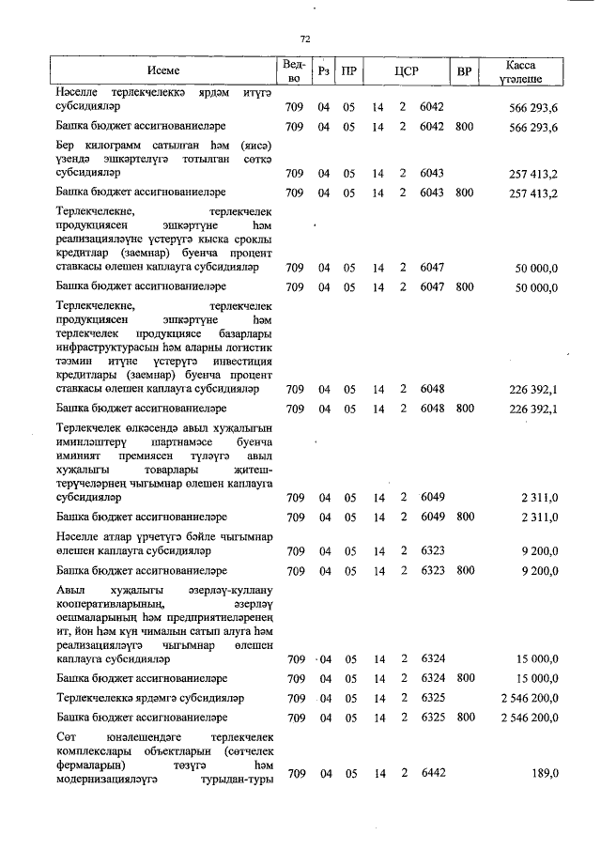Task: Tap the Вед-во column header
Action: (292, 71)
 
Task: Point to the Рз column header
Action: (323, 71)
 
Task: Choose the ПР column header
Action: (348, 71)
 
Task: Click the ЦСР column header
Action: (406, 71)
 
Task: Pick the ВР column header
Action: (463, 71)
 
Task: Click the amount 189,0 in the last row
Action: (545, 773)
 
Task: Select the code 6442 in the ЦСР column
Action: (432, 773)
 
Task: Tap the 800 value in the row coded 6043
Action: (464, 193)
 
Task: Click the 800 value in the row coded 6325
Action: (464, 719)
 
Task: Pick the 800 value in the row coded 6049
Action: (464, 517)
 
